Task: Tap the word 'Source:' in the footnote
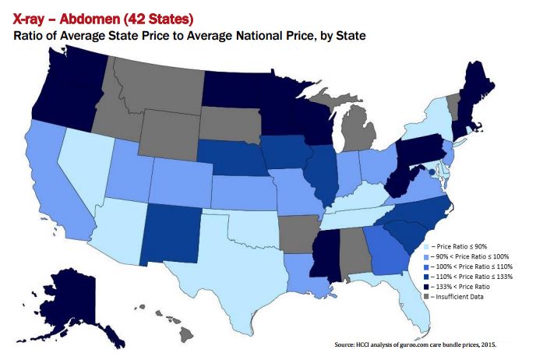347,344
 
